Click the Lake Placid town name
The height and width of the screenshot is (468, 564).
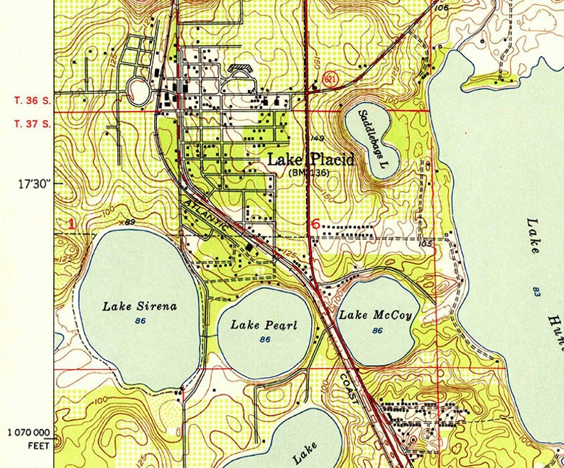coord(310,160)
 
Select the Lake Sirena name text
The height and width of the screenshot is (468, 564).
coord(140,307)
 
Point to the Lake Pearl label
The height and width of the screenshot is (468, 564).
coord(264,325)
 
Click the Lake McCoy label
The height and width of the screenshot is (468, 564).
coord(375,315)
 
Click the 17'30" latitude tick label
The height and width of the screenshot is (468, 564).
coord(36,184)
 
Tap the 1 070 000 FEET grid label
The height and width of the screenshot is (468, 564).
coord(28,437)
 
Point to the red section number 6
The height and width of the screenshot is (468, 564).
coord(315,224)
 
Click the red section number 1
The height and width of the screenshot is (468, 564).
coord(71,224)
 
